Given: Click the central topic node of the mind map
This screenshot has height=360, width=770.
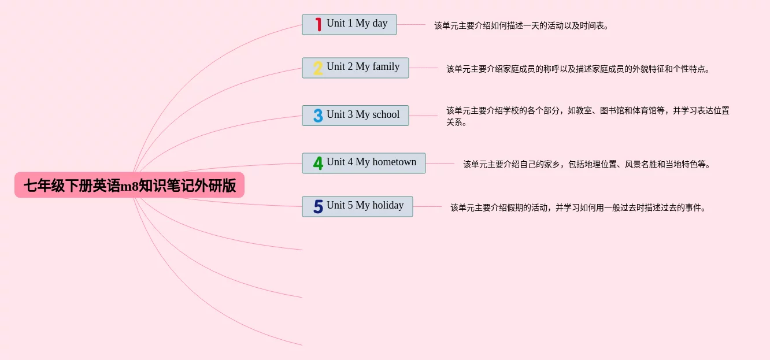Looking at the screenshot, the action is [x=129, y=185].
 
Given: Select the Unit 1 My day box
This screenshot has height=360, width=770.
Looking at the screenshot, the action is [x=349, y=24].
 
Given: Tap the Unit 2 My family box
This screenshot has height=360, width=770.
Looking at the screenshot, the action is [x=355, y=68].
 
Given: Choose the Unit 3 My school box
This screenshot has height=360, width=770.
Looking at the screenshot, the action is [x=355, y=116].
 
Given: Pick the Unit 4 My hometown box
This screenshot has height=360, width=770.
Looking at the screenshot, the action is [x=364, y=163].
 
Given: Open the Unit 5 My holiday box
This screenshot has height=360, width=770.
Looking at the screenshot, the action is [x=357, y=206].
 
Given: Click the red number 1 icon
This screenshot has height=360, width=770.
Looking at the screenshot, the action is [x=318, y=24].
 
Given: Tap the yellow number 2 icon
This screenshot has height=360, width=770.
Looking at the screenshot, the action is [x=318, y=68].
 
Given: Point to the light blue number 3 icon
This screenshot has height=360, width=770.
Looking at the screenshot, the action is [x=318, y=116].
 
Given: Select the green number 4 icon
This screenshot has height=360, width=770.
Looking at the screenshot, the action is [x=318, y=163].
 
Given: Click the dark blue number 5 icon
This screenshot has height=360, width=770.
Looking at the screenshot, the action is [x=318, y=206].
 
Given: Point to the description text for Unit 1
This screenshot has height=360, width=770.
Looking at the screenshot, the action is [x=521, y=25].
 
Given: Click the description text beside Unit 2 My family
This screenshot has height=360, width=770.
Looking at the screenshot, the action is [x=577, y=69].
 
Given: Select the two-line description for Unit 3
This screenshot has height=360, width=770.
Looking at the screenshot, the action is [x=587, y=116].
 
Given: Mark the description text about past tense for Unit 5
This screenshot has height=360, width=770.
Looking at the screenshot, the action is [x=578, y=207].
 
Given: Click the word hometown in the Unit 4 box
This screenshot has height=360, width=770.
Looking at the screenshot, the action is [x=394, y=162].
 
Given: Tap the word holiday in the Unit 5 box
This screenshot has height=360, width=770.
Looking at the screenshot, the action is [x=388, y=205].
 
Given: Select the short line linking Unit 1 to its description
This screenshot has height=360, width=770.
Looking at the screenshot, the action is [x=411, y=24].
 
